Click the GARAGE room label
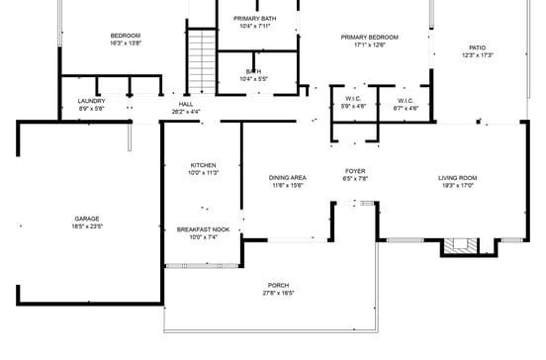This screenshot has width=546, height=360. pyautogui.click(x=87, y=219)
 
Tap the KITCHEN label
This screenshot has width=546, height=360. pyautogui.click(x=203, y=165)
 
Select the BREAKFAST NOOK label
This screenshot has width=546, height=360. pyautogui.click(x=203, y=229)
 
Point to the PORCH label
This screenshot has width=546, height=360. pyautogui.click(x=280, y=285)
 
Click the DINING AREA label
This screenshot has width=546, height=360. pyautogui.click(x=288, y=178)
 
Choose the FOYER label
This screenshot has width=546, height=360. pyautogui.click(x=355, y=171)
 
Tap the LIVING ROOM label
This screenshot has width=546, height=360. pyautogui.click(x=458, y=178)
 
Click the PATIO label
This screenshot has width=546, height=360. pyautogui.click(x=478, y=46)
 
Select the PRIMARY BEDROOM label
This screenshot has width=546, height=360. pyautogui.click(x=363, y=38)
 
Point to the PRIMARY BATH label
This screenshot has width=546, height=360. pyautogui.click(x=254, y=19)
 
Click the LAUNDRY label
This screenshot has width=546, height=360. pyautogui.click(x=91, y=101)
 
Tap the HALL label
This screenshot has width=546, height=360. pyautogui.click(x=186, y=104)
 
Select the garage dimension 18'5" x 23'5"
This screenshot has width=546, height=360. pyautogui.click(x=87, y=226)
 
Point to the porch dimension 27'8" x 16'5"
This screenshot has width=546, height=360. pyautogui.click(x=280, y=293)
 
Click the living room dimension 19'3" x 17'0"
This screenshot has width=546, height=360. pyautogui.click(x=458, y=186)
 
